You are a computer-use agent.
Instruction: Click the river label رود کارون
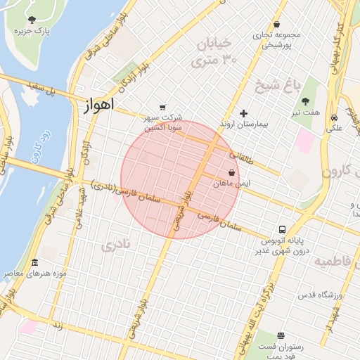coord(39,141)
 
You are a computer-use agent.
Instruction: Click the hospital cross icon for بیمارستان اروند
coord(244,112)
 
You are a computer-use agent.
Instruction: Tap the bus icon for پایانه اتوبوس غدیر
coord(283,229)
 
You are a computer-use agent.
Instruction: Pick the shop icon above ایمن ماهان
coord(231,172)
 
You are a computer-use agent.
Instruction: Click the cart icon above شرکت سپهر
coord(163,107)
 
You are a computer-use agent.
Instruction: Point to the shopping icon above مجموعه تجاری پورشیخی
coord(276,24)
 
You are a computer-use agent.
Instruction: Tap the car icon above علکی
coord(335,117)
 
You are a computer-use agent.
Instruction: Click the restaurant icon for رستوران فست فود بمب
coord(281,335)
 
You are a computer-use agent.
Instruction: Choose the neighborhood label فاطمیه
coord(336,262)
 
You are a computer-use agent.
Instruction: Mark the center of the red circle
coord(180,179)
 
